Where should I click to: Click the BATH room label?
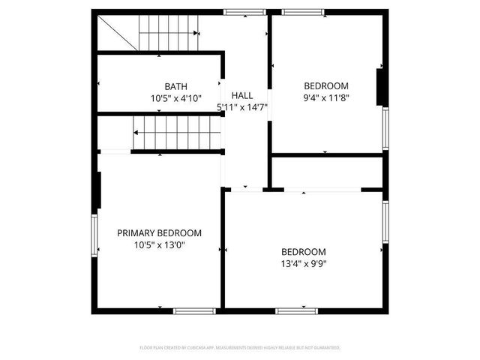(176, 86)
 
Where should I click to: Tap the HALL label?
(241, 95)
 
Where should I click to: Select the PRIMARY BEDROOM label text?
(159, 233)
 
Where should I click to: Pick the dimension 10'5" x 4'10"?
(176, 97)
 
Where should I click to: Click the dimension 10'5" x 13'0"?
(159, 244)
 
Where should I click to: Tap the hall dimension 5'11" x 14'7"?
(242, 107)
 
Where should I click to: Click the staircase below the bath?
(178, 133)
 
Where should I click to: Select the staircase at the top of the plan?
(166, 33)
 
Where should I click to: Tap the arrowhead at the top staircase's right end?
(196, 33)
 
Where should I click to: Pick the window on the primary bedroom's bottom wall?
(195, 310)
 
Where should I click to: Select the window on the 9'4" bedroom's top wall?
(303, 12)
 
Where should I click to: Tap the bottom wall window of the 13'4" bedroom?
(297, 310)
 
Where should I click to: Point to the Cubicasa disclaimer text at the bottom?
(240, 348)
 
